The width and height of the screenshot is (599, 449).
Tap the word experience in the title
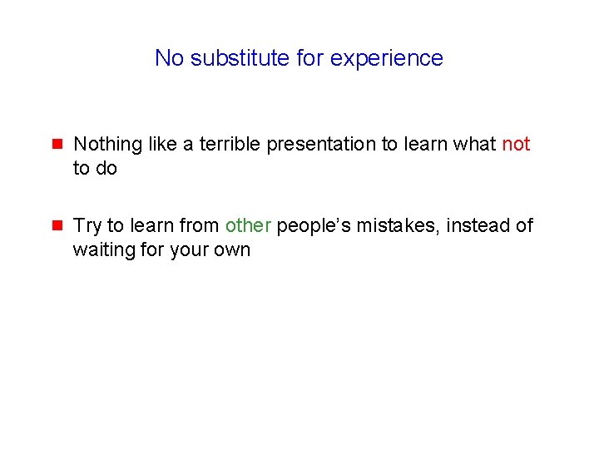point(387,58)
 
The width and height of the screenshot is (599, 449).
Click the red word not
point(516,144)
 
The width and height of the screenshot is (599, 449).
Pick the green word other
point(248,225)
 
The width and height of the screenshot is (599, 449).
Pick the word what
point(476,144)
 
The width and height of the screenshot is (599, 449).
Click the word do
point(106,168)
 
